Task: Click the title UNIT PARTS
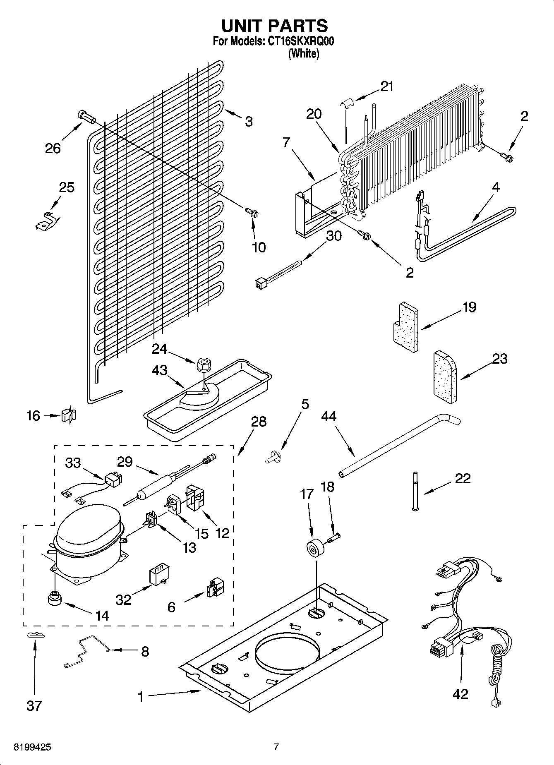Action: click(274, 26)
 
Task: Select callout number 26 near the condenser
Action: click(53, 148)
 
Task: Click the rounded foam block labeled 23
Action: click(445, 377)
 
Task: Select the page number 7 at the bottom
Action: click(276, 747)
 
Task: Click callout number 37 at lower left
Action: click(34, 705)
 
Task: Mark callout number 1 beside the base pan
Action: click(140, 697)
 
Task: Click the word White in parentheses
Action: click(303, 53)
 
